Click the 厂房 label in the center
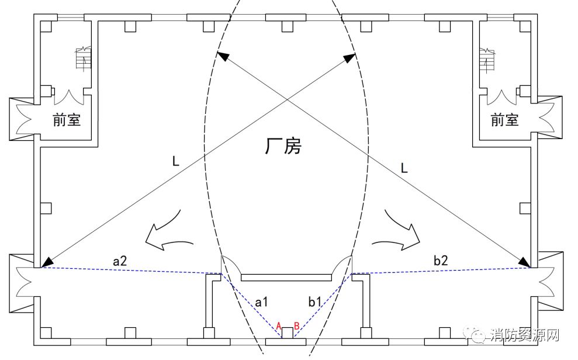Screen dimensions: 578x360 pos(283,146)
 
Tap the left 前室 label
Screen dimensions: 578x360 pos(67,120)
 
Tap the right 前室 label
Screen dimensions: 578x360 pos(504,120)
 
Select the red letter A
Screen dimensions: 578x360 pos(279,326)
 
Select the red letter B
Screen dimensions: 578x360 pos(296,326)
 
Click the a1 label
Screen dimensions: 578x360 pos(261,302)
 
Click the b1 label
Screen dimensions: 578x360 pos(315,302)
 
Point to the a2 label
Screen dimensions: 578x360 pos(120,261)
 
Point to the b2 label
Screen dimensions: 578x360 pos(441,260)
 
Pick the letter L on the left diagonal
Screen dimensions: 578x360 pos(175,161)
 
